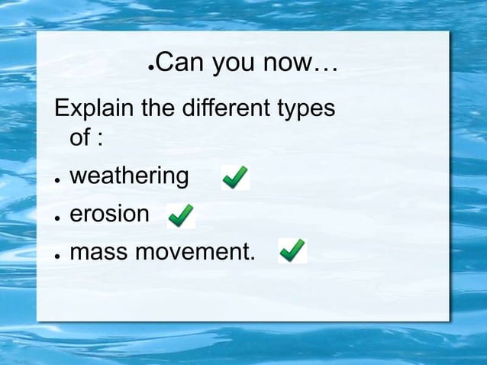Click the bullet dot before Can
click(150, 67)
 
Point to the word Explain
click(95, 108)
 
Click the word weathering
click(129, 176)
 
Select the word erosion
click(109, 214)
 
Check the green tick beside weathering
click(234, 178)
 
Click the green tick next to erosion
click(181, 215)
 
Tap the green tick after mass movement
click(292, 250)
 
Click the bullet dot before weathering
click(57, 179)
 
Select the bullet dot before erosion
click(57, 217)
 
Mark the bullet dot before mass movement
click(57, 254)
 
